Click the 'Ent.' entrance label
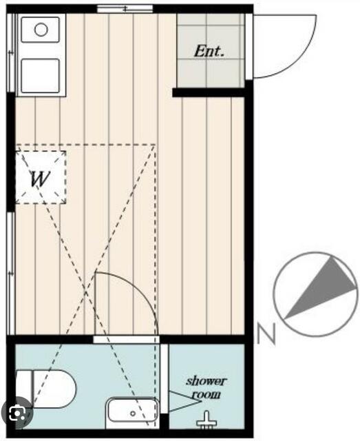pos(209,51)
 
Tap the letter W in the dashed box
pos(40,178)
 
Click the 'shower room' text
pos(207,388)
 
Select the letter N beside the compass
pos(266,334)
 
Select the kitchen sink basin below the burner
pos(40,75)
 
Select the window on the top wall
pos(125,9)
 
